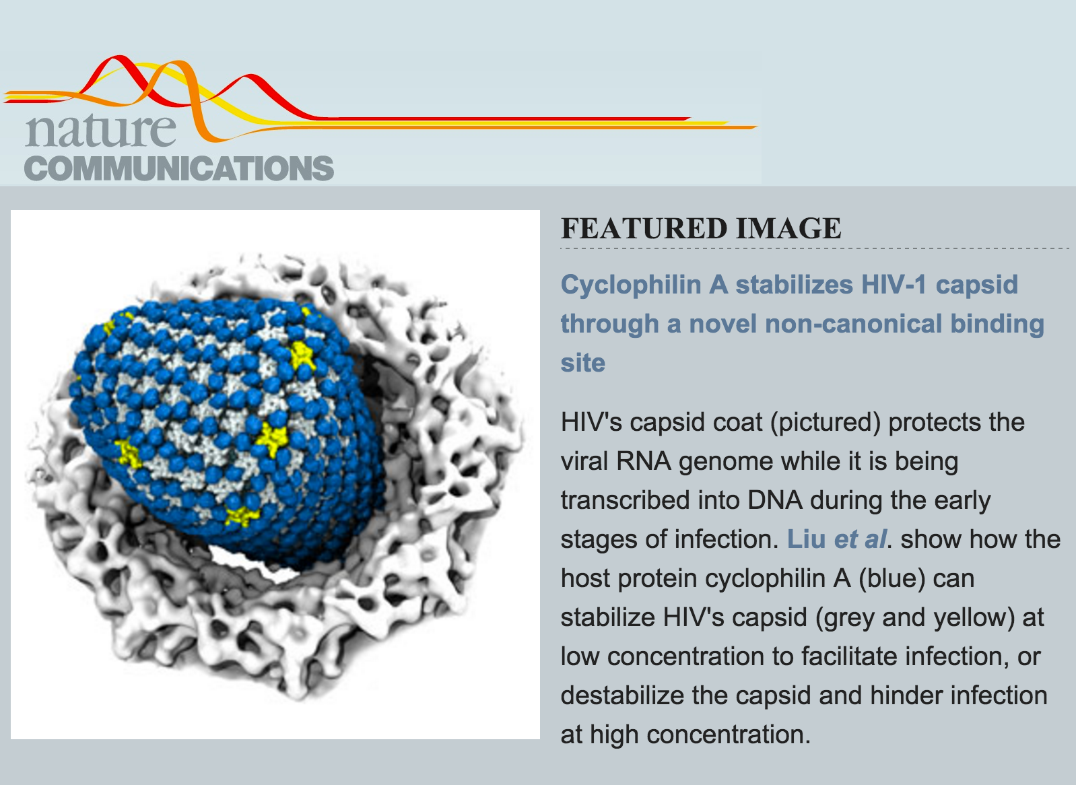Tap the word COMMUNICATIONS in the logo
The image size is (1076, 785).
(x=178, y=168)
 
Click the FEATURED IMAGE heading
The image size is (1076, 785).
(x=701, y=228)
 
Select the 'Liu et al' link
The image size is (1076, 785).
(x=836, y=539)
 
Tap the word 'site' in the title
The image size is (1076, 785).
(x=582, y=363)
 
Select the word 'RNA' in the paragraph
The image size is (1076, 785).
(x=643, y=461)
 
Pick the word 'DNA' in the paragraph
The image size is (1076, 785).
(x=775, y=500)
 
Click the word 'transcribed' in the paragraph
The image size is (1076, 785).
(x=625, y=500)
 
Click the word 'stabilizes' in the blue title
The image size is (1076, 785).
(x=795, y=284)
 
